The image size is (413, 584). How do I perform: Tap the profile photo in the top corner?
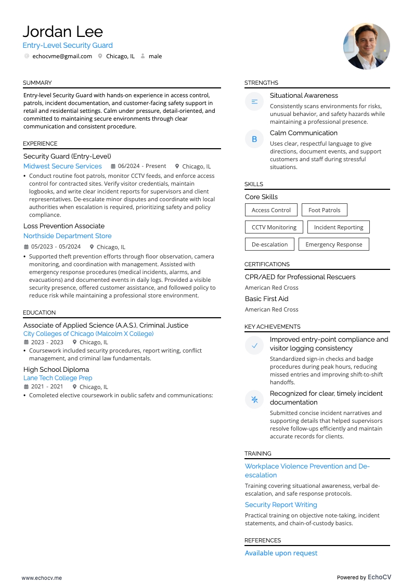point(366,46)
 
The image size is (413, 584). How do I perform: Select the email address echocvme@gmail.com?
point(62,56)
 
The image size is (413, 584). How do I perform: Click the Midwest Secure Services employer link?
point(62,166)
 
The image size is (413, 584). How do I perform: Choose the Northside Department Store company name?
point(67,236)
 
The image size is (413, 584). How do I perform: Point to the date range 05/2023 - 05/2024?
point(56,247)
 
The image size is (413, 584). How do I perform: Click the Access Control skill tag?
point(271,210)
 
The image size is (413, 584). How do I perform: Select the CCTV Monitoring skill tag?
point(274,227)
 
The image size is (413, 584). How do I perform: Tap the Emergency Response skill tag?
point(333,244)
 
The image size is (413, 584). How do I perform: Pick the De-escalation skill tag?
point(269,244)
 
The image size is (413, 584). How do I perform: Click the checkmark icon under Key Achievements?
point(254,345)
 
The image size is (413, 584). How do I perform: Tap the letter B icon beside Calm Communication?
point(254,139)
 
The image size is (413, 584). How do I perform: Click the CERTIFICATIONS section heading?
point(267,264)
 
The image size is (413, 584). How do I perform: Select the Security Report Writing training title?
point(281,505)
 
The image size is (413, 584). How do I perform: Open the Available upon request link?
point(281,553)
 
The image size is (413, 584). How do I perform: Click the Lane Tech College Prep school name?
point(58,378)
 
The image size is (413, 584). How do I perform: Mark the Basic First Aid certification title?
point(266,299)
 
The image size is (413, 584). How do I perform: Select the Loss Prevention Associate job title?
point(64,226)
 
